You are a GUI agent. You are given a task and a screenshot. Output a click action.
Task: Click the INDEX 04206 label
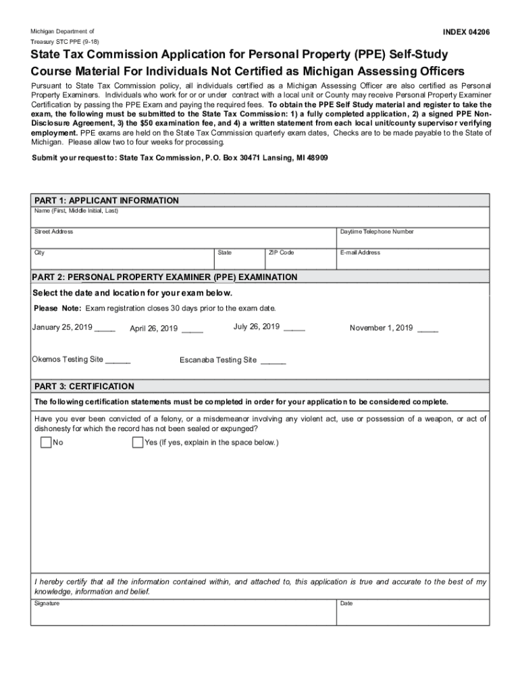[x=466, y=32]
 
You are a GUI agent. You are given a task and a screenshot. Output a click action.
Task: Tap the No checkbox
[x=46, y=443]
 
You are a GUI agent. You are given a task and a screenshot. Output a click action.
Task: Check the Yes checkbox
[x=138, y=443]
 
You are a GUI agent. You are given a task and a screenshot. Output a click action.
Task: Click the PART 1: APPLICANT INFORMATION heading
[x=107, y=200]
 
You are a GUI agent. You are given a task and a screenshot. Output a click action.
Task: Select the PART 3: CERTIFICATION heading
[x=84, y=387]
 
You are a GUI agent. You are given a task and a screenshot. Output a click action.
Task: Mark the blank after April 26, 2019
[x=192, y=330]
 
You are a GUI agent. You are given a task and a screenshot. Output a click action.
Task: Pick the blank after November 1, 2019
[x=428, y=329]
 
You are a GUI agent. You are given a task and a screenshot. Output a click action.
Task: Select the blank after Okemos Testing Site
[x=118, y=360]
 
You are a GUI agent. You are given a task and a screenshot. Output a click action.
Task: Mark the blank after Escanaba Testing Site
[x=274, y=361]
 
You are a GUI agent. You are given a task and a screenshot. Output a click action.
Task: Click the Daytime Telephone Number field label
[x=377, y=231]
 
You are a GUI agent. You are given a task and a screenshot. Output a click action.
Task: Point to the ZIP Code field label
[x=281, y=252]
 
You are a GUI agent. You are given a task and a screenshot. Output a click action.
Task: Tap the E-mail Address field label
[x=360, y=252]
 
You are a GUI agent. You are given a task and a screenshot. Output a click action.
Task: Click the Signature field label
[x=47, y=603]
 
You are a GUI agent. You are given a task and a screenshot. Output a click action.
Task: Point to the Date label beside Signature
[x=346, y=603]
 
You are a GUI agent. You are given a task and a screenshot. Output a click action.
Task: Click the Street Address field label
[x=54, y=231]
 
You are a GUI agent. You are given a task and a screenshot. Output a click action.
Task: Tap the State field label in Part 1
[x=224, y=252]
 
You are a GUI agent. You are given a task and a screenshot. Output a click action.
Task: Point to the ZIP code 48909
[x=315, y=157]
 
